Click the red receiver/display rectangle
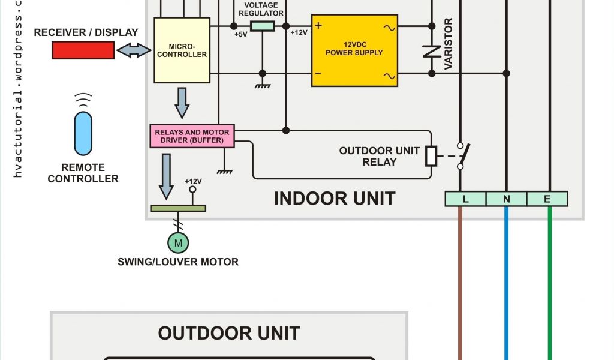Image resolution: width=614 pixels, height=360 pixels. tap(83, 51)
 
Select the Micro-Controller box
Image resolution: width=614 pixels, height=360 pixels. tap(182, 50)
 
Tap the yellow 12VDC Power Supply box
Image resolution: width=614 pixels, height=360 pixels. tap(354, 50)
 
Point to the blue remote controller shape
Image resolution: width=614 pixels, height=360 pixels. tap(83, 133)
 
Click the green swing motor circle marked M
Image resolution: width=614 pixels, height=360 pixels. tap(177, 242)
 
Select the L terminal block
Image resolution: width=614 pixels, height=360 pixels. tap(465, 199)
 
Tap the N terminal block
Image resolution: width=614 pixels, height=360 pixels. tap(506, 199)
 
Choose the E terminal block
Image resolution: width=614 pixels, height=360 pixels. tap(547, 199)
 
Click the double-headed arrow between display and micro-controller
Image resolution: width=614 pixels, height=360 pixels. tap(134, 51)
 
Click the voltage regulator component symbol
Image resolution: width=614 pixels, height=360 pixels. tap(262, 26)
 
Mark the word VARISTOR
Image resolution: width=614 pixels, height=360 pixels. tap(449, 44)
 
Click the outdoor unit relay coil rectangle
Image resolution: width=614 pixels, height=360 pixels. tap(431, 155)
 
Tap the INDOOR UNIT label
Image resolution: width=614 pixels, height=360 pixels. tap(335, 199)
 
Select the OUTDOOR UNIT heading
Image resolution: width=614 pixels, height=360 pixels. tap(229, 333)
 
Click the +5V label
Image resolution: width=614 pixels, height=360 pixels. tap(242, 34)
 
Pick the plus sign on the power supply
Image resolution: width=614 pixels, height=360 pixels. tap(318, 26)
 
